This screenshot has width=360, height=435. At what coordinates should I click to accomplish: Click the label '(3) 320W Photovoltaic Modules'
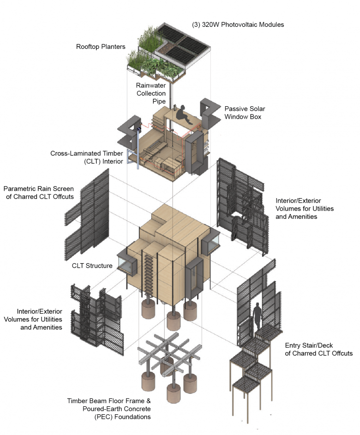[x=237, y=24]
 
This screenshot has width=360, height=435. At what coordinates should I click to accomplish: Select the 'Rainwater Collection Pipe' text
[x=151, y=93]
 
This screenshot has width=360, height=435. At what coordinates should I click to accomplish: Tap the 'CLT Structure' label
[x=92, y=266]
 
